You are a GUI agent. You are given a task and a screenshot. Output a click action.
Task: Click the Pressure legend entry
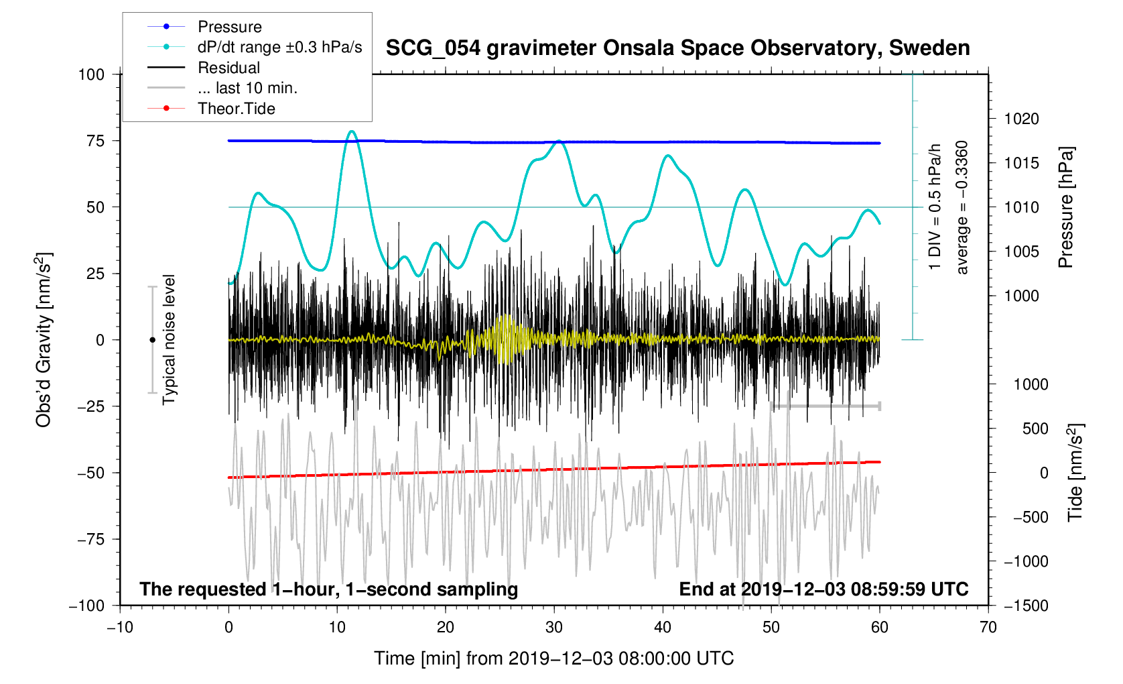[229, 27]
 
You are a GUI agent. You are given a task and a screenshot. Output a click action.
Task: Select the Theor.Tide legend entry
[236, 109]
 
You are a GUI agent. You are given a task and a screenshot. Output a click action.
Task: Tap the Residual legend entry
[228, 68]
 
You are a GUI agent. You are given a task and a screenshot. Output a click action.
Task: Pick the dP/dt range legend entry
[279, 47]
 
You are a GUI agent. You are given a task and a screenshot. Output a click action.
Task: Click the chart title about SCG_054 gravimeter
[677, 48]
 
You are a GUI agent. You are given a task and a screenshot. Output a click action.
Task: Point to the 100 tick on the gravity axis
[91, 74]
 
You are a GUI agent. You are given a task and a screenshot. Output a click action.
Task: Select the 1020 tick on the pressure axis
[1021, 119]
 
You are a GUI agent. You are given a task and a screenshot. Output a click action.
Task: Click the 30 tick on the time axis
[554, 628]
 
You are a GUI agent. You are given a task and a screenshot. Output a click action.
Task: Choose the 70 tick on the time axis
[988, 628]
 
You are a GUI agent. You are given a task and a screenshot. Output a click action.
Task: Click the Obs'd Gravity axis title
[44, 340]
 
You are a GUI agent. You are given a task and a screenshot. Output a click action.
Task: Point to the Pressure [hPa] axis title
[1066, 207]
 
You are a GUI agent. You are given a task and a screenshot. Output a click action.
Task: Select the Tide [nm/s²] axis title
[1075, 472]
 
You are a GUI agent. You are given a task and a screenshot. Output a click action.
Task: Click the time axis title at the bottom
[553, 659]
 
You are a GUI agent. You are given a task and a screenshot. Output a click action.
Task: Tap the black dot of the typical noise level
[152, 340]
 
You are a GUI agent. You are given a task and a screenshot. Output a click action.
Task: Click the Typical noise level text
[169, 340]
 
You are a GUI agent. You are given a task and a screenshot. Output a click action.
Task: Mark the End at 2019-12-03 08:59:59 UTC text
[823, 589]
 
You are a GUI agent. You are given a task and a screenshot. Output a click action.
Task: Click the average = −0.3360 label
[962, 207]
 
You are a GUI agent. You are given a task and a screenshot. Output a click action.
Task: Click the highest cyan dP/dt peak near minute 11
[352, 131]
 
